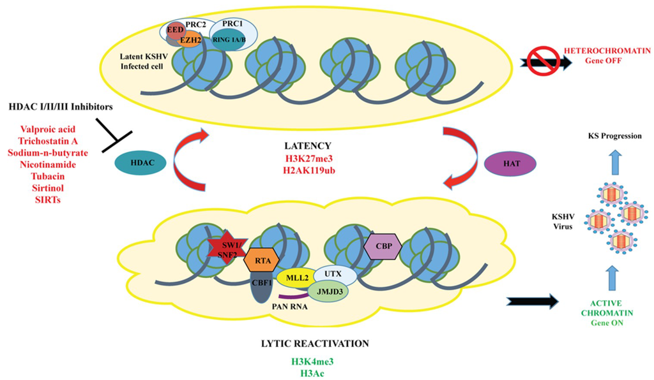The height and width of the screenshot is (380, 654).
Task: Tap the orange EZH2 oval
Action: click(188, 40)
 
